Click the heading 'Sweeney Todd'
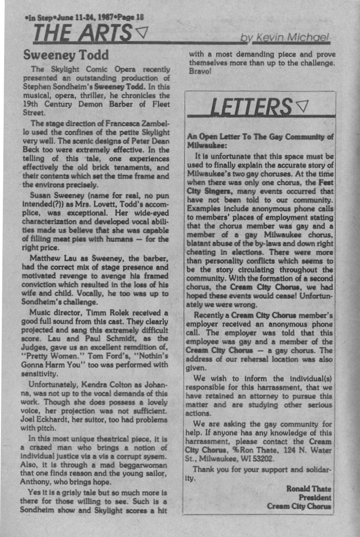[66, 56]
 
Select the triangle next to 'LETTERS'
[302, 107]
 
